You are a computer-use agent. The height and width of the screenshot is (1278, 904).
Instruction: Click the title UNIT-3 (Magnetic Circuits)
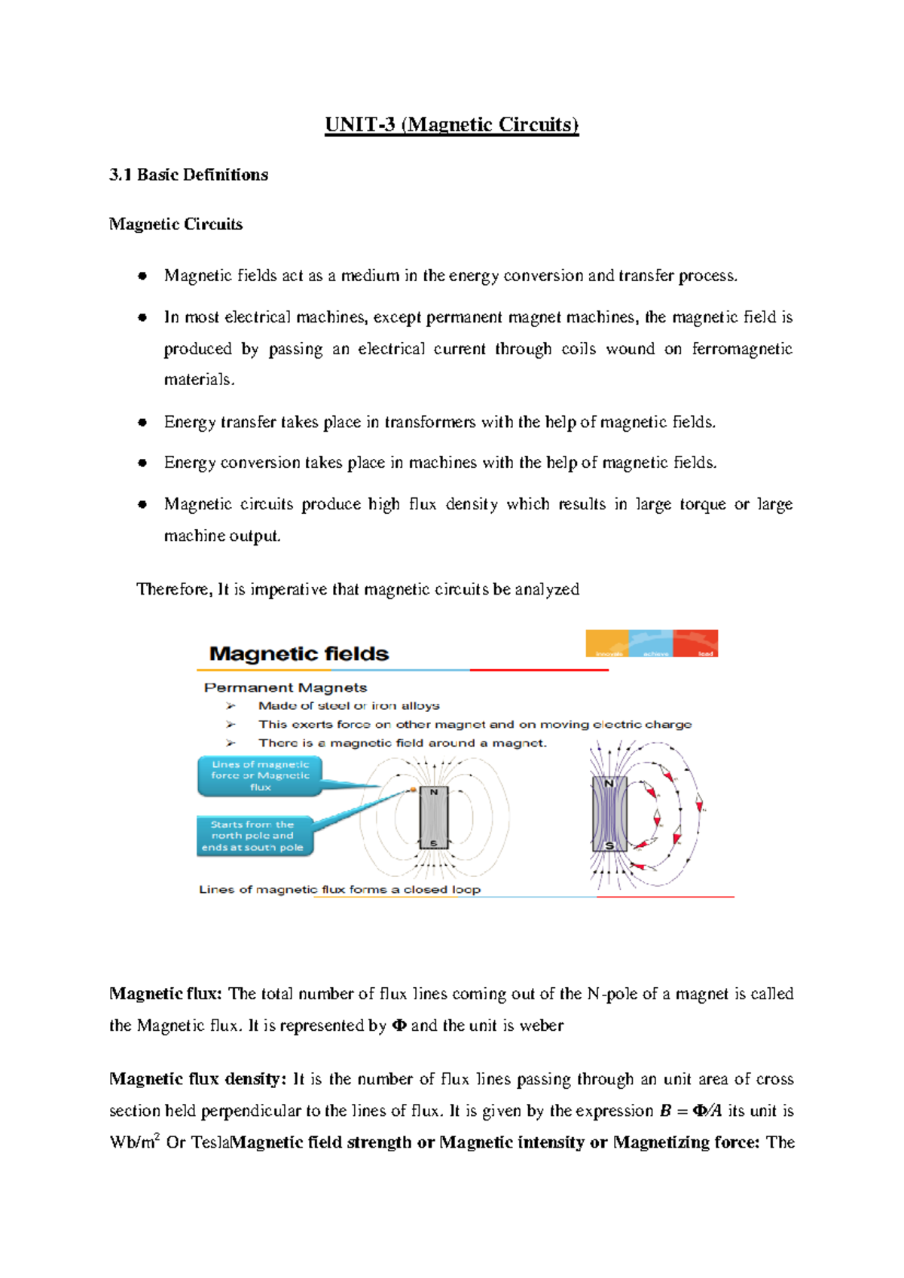click(451, 124)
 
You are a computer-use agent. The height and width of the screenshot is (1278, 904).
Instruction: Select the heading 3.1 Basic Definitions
click(188, 175)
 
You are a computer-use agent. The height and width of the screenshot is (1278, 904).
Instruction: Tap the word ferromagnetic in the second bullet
click(742, 349)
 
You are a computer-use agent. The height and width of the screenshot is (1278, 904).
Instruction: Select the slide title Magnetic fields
click(299, 654)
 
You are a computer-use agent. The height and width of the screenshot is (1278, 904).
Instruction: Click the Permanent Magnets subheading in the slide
click(286, 687)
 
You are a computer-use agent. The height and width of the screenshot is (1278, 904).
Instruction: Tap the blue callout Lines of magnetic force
click(260, 775)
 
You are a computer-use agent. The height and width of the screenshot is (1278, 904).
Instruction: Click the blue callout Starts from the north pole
click(253, 836)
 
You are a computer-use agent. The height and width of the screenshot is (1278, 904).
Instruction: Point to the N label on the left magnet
click(433, 792)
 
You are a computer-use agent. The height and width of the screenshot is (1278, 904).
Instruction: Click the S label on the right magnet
click(610, 845)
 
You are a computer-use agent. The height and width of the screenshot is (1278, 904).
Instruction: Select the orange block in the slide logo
click(606, 644)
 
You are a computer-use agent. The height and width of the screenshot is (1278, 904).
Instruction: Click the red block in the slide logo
click(695, 644)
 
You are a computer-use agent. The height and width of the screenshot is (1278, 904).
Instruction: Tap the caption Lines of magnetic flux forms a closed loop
click(339, 889)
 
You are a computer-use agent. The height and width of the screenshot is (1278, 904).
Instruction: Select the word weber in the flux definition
click(541, 1026)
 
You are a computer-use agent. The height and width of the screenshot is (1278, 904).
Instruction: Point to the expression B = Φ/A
click(691, 1111)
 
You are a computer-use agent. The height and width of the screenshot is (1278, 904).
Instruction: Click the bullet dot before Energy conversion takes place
click(142, 463)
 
